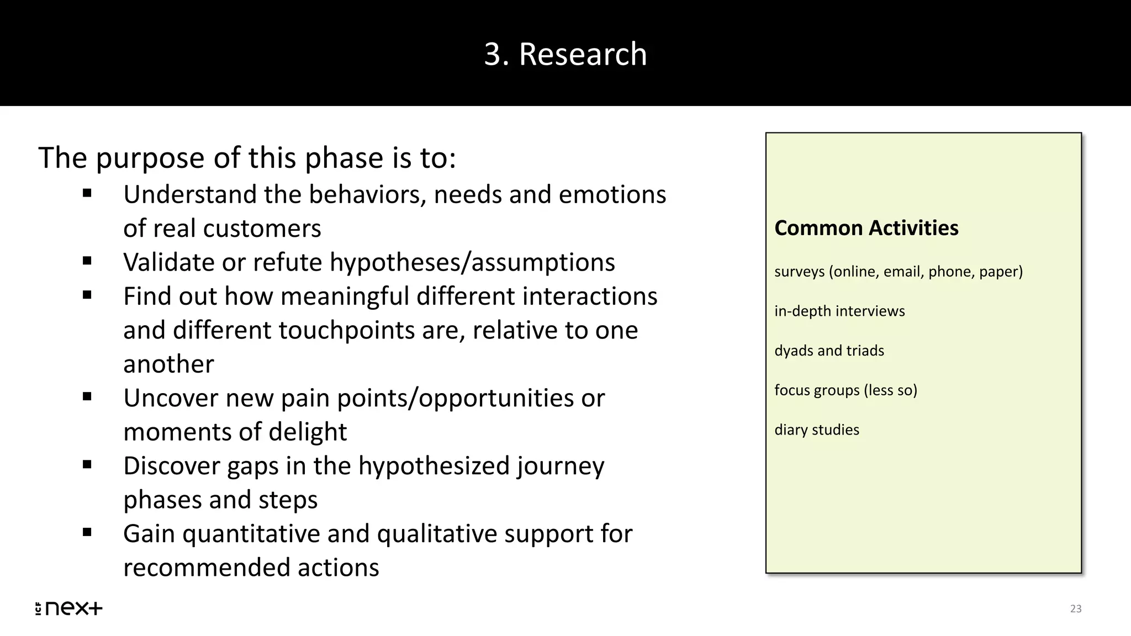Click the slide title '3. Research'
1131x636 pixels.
(x=565, y=54)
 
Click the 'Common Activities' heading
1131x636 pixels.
(x=866, y=228)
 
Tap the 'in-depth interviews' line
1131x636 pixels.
(x=839, y=311)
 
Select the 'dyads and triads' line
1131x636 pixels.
(x=829, y=351)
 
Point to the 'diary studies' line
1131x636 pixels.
(x=816, y=430)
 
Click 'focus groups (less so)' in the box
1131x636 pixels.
(x=845, y=390)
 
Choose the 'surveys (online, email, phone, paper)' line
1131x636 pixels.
(x=898, y=272)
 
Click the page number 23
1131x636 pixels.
(x=1075, y=609)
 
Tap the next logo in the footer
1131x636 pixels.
(x=69, y=608)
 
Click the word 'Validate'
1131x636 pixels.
(x=169, y=262)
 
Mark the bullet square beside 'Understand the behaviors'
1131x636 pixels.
(x=87, y=193)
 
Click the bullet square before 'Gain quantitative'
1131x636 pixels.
(x=87, y=532)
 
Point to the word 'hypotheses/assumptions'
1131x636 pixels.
(x=472, y=262)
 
